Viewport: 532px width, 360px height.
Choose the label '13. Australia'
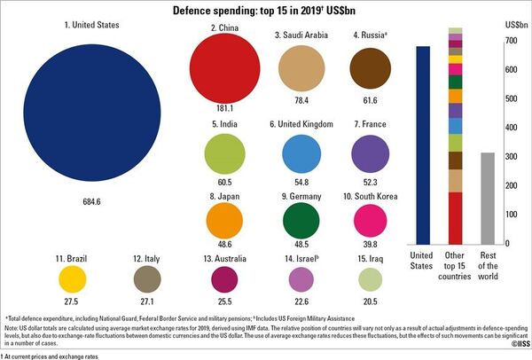tap(224, 258)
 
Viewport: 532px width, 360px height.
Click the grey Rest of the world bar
tap(487, 198)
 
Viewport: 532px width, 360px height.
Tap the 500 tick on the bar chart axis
tap(512, 98)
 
